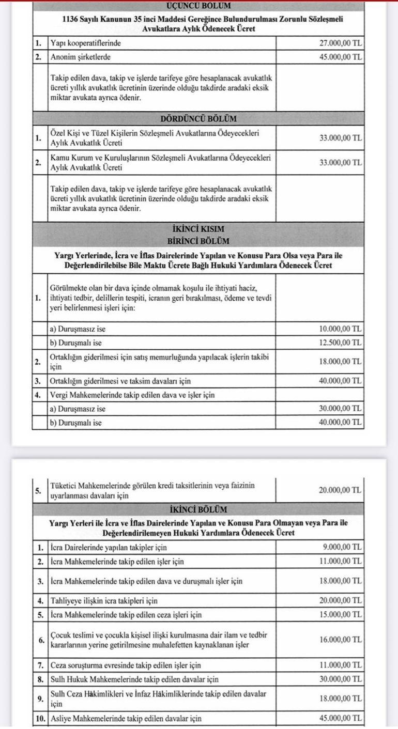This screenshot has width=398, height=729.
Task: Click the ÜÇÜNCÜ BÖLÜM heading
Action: pos(198,6)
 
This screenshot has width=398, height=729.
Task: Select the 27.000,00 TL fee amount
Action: pos(341,43)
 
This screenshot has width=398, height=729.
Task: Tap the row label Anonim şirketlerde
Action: pos(81,57)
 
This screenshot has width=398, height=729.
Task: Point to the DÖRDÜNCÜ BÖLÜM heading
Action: pos(198,118)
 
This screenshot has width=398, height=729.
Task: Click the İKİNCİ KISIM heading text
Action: pos(198,228)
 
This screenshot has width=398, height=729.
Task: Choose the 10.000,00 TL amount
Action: pos(341,329)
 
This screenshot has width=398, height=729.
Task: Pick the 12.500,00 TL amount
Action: pos(341,342)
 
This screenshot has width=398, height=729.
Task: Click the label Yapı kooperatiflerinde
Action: pos(86,43)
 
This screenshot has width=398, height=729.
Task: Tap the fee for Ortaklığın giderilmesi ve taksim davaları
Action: pos(341,381)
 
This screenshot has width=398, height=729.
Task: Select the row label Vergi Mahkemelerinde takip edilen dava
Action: pos(132,395)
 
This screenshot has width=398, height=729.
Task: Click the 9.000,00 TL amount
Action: pos(343,547)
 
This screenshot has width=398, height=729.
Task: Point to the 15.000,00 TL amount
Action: pos(341,615)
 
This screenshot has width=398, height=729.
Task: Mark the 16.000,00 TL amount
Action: pos(341,640)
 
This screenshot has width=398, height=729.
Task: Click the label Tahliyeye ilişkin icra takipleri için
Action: pos(104,601)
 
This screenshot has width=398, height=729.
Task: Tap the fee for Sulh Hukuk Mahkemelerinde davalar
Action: pos(341,678)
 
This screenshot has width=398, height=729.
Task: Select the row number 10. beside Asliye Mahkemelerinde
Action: pos(40,718)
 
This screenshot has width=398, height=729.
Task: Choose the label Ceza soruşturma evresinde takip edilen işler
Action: pos(126,665)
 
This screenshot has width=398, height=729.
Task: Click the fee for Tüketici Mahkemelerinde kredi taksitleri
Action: pos(341,490)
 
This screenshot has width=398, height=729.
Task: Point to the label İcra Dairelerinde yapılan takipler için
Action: pos(109,547)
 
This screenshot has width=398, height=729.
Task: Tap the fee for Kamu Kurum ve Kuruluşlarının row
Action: pos(341,162)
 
